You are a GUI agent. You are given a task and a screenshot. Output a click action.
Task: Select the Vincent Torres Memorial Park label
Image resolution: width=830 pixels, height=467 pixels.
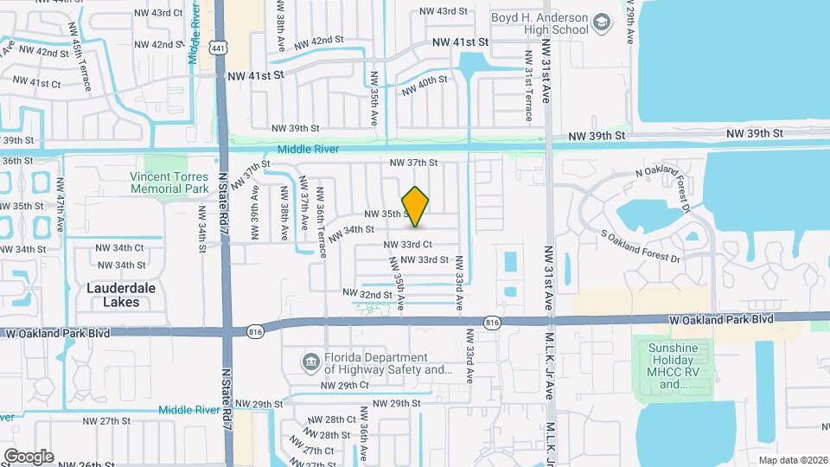(x=169, y=182)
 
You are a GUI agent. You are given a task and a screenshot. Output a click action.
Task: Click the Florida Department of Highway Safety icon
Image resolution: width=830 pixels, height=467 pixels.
(x=309, y=360)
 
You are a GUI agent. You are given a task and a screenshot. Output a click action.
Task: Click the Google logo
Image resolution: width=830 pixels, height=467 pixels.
(x=29, y=456)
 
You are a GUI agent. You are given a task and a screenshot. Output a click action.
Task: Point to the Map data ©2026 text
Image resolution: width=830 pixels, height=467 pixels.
(x=792, y=460)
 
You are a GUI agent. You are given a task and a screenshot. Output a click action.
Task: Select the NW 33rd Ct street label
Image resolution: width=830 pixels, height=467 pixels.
(x=407, y=245)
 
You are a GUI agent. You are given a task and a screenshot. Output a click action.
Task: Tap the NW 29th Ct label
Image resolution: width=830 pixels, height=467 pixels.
(x=346, y=385)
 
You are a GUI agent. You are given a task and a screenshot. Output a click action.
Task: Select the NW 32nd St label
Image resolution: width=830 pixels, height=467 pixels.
(x=364, y=294)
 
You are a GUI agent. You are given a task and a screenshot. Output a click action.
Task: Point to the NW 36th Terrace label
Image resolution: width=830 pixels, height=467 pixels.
(x=321, y=218)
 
